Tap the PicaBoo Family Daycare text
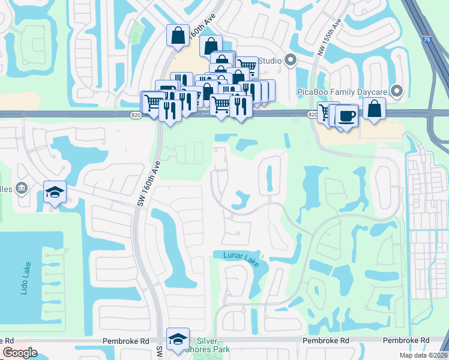pyautogui.click(x=342, y=91)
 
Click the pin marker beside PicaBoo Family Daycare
pyautogui.click(x=396, y=91)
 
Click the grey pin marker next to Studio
pyautogui.click(x=291, y=60)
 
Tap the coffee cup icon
pyautogui.click(x=348, y=115)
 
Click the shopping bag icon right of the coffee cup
pyautogui.click(x=374, y=109)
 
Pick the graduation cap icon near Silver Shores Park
pyautogui.click(x=178, y=339)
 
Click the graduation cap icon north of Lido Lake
pyautogui.click(x=55, y=193)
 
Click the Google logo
pyautogui.click(x=20, y=353)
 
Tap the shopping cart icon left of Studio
pyautogui.click(x=246, y=65)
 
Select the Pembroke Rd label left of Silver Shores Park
pyautogui.click(x=125, y=340)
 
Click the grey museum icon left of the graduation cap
pyautogui.click(x=22, y=188)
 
